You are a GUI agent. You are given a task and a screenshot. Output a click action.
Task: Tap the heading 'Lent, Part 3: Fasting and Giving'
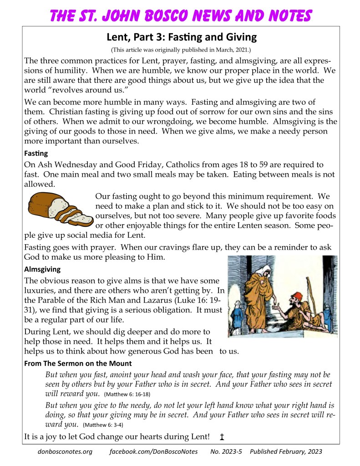click(182, 37)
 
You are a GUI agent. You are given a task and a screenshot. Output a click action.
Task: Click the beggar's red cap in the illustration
click(298, 296)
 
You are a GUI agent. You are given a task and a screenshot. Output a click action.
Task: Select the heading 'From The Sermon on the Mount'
click(78, 363)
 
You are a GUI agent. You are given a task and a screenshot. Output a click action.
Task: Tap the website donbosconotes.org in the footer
click(65, 452)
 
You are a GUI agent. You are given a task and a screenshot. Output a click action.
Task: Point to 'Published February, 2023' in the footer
click(286, 452)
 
